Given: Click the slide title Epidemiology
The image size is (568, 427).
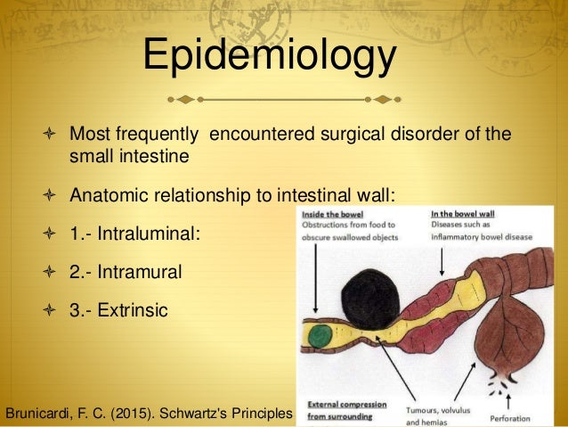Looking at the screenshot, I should (x=271, y=55).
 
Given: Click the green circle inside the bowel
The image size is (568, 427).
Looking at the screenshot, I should (x=321, y=338).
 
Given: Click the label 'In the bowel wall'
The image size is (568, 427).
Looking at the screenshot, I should (x=464, y=215).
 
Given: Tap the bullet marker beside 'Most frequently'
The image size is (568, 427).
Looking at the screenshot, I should (x=49, y=135).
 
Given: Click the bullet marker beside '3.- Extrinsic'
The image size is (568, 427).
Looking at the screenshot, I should (x=49, y=311).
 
